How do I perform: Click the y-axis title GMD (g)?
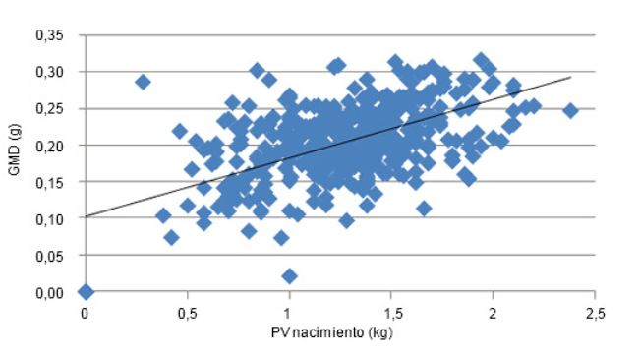tap(14, 164)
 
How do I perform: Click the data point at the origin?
tap(86, 291)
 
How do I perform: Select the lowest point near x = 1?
tap(289, 276)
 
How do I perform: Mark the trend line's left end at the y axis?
tap(87, 216)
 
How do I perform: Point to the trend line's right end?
tap(570, 77)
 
